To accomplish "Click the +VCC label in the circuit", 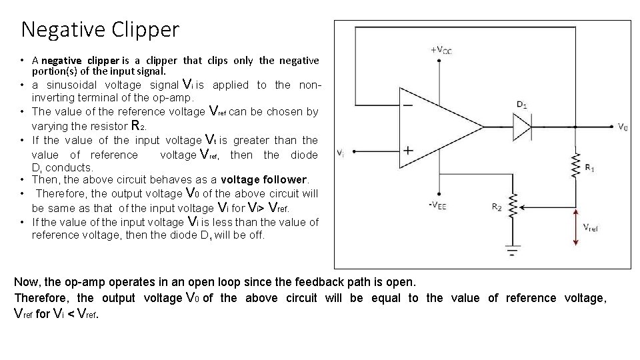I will click(441, 50).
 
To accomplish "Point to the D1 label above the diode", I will click(522, 104).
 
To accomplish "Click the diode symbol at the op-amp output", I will click(522, 126).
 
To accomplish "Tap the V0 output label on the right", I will click(622, 127).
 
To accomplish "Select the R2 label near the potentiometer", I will click(497, 207).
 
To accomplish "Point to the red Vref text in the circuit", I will click(590, 227).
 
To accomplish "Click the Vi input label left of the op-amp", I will click(341, 153).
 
